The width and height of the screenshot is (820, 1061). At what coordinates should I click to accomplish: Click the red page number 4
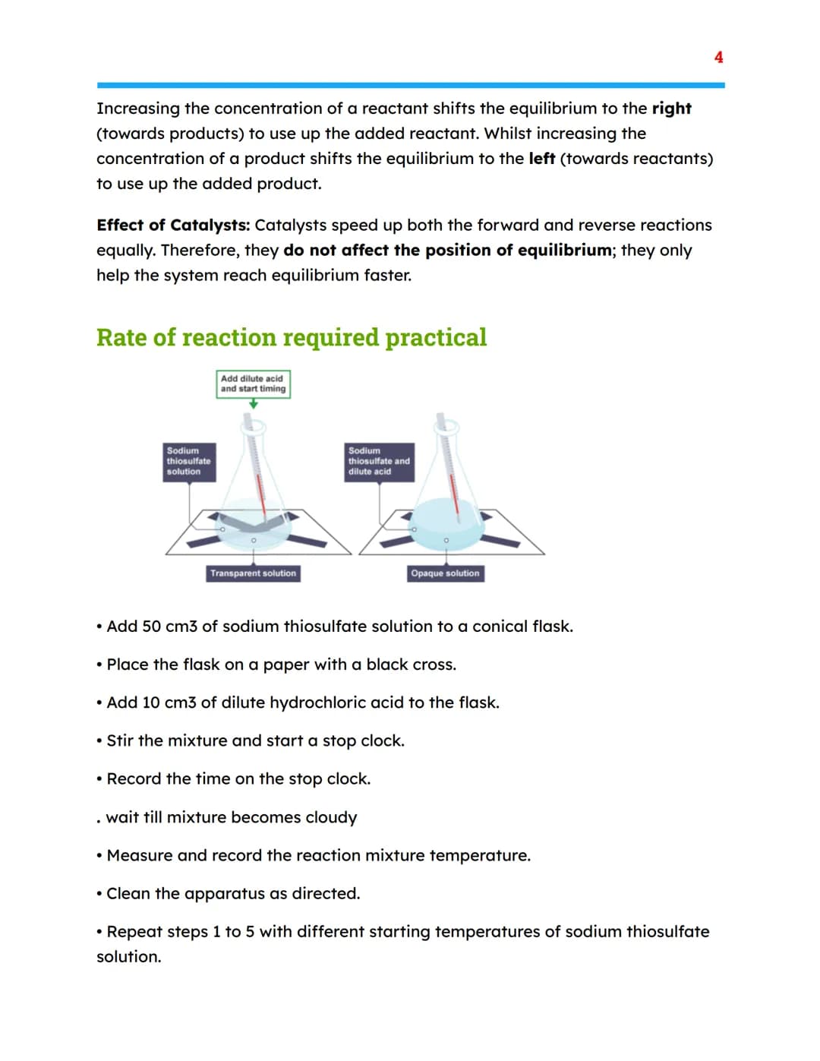[x=718, y=57]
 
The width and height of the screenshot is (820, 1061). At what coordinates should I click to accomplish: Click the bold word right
[x=672, y=109]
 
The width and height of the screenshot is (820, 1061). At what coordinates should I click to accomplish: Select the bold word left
[x=542, y=158]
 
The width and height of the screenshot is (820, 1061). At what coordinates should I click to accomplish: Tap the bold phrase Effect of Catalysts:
[x=173, y=225]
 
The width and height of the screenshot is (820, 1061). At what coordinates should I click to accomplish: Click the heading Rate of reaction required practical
[x=292, y=338]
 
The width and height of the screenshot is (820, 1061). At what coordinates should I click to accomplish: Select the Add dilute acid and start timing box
[x=254, y=384]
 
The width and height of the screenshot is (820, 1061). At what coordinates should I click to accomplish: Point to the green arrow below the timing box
[x=254, y=404]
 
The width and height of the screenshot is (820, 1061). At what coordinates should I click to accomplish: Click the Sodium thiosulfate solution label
[x=189, y=462]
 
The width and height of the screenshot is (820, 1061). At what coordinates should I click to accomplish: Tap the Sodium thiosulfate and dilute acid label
[x=380, y=462]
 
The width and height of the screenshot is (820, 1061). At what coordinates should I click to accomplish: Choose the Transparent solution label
[x=253, y=573]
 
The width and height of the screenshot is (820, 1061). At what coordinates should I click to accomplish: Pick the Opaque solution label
[x=445, y=573]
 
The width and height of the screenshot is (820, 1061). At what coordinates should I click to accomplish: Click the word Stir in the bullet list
[x=120, y=740]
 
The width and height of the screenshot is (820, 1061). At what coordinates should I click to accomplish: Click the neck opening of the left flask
[x=254, y=427]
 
